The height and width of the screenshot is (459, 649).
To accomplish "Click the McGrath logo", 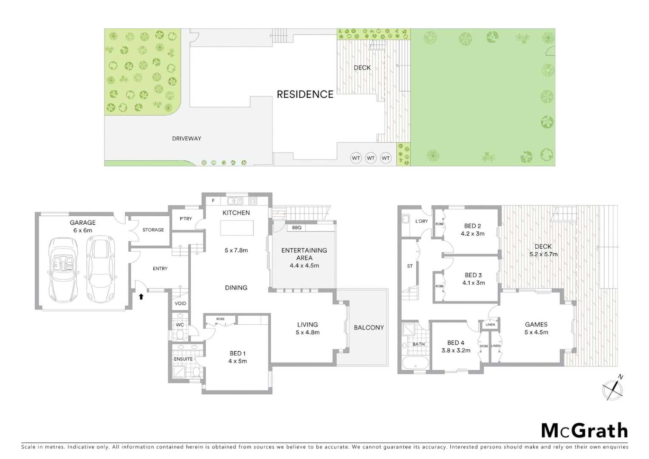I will pos(584,431).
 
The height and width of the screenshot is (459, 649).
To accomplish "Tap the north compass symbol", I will pos(613,388).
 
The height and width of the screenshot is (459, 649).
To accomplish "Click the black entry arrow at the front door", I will pos(141,296).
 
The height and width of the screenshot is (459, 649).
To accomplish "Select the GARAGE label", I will pos(83,222).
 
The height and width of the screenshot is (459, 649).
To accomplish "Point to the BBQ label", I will pos(296,228).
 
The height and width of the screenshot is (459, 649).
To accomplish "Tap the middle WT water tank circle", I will pos(371,158).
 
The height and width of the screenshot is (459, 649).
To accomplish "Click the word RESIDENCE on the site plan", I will pos(305,94).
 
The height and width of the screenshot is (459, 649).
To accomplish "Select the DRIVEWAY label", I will pos(186,139).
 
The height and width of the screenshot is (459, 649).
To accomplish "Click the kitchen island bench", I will pos(237,228).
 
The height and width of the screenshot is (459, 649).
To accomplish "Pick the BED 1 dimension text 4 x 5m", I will pos(237,361).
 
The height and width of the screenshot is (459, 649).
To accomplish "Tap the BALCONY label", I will pos(369,327).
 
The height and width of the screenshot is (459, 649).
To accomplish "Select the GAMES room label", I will pos(536,324).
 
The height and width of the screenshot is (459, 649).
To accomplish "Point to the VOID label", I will pos(181,303).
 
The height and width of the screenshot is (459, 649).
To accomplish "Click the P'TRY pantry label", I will pos(186,219).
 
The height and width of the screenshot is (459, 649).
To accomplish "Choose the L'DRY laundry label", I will pos(421,221).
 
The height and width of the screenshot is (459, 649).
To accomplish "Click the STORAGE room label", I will pos(153,230).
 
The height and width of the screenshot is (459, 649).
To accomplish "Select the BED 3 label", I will pos(473,275).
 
